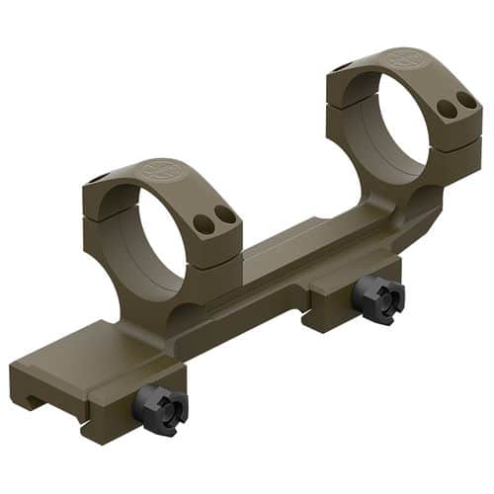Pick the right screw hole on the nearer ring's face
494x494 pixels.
[x=226, y=214]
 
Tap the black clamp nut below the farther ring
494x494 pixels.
[x=377, y=298]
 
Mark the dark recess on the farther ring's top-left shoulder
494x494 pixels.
[x=339, y=67]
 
